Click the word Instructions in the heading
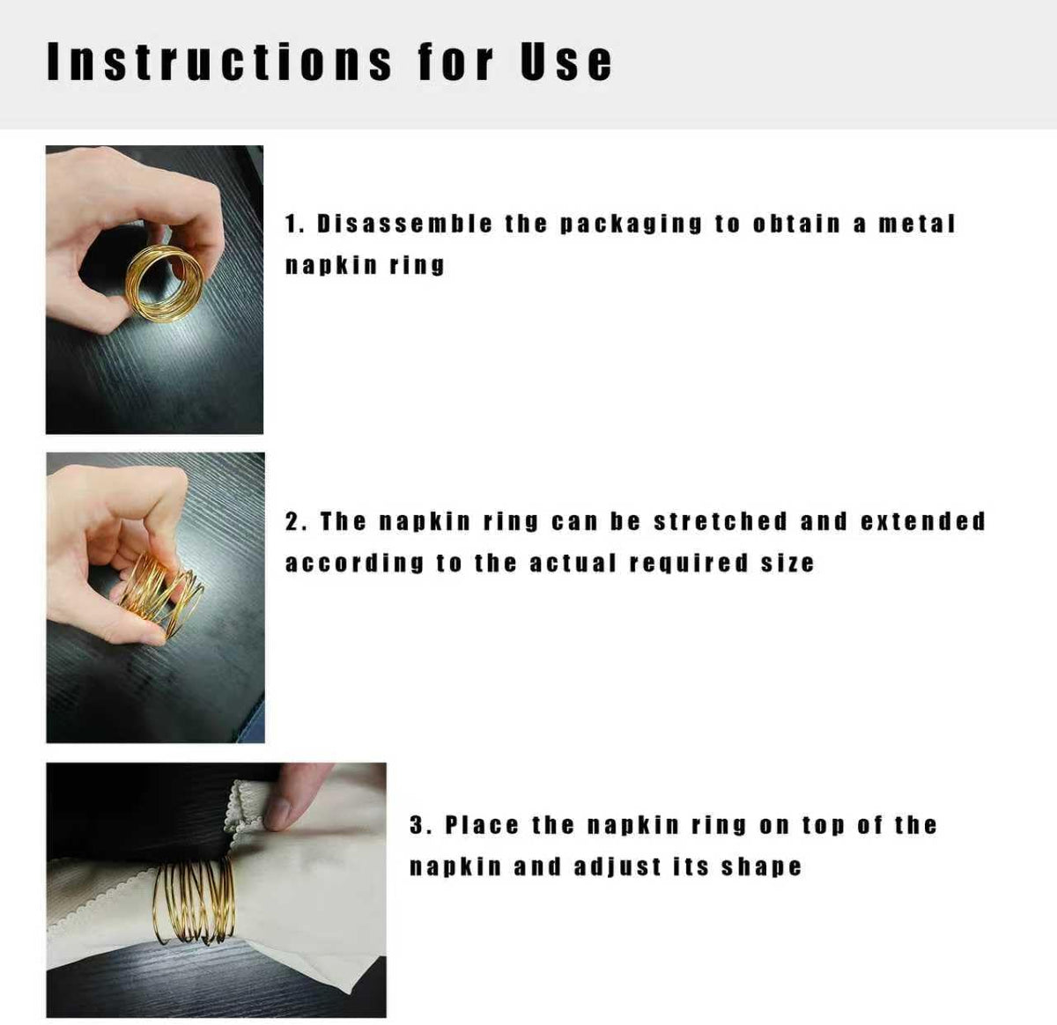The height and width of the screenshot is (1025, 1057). click(x=219, y=62)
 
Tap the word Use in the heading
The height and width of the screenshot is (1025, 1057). click(x=566, y=62)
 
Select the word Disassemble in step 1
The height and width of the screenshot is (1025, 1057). click(x=404, y=224)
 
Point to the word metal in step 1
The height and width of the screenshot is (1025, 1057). click(x=916, y=224)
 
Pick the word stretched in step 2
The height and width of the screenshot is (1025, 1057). click(x=721, y=521)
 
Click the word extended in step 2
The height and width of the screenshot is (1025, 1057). click(x=923, y=521)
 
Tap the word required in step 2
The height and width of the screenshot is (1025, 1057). click(x=690, y=564)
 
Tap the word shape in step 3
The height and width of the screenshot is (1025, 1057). click(x=761, y=868)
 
